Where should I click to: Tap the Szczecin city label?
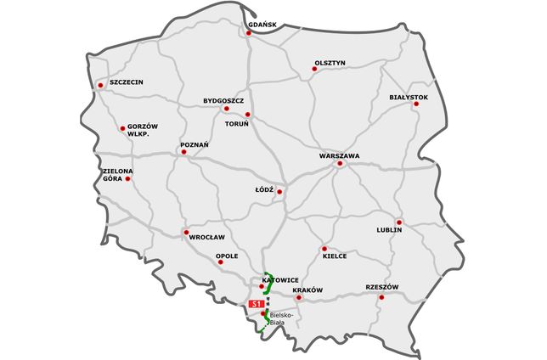(126, 82)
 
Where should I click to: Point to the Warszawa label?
(340, 156)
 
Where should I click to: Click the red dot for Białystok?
(416, 104)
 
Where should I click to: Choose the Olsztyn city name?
(330, 63)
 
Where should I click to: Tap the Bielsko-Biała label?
(281, 318)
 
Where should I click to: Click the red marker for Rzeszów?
(382, 297)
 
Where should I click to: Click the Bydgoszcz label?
(223, 100)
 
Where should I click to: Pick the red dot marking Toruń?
(247, 115)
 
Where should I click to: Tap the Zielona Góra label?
(117, 175)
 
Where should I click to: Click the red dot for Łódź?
(279, 192)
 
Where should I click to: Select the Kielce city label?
(335, 256)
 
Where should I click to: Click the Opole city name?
(227, 256)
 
